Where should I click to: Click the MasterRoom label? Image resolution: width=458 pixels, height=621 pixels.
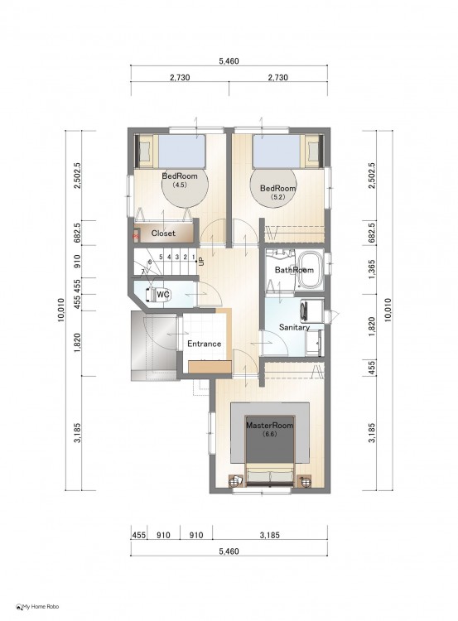270,426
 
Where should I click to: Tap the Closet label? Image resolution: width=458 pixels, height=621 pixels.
163,233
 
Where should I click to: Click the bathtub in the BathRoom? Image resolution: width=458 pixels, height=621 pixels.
311,271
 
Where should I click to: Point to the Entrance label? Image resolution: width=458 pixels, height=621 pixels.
204,344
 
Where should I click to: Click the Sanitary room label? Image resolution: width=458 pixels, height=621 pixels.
294,328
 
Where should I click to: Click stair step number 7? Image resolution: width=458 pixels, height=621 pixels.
142,272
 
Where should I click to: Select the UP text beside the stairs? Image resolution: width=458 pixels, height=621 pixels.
201,262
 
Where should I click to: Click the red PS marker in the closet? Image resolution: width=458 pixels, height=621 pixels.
136,237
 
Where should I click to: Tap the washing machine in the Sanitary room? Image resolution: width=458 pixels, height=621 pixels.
311,309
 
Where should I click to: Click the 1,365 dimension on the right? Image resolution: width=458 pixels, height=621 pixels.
372,270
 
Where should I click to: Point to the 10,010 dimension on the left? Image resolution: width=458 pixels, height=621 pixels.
61,310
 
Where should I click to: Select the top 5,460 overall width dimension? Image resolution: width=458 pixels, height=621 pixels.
229,61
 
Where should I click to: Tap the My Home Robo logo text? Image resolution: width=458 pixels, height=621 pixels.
41,606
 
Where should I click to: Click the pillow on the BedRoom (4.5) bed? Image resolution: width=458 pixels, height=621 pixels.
146,151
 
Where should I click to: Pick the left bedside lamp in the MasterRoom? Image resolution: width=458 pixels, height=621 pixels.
236,480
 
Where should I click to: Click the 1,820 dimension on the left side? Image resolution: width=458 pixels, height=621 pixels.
77,343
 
